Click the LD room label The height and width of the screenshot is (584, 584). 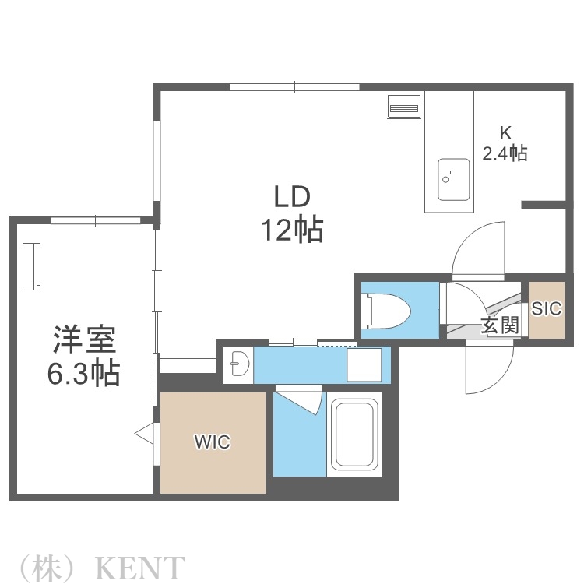click(x=291, y=195)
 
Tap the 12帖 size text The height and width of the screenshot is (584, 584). click(x=291, y=230)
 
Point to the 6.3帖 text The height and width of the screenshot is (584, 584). click(x=84, y=374)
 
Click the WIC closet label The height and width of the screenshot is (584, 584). click(x=212, y=442)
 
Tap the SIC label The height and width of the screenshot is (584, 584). click(x=546, y=308)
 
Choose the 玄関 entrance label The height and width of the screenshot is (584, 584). click(x=500, y=325)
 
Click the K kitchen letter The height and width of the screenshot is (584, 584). click(x=505, y=133)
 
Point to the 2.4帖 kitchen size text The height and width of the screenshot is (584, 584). click(x=505, y=153)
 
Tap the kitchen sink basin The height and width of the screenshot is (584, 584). click(x=452, y=179)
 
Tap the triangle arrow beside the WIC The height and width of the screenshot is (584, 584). click(x=144, y=433)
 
